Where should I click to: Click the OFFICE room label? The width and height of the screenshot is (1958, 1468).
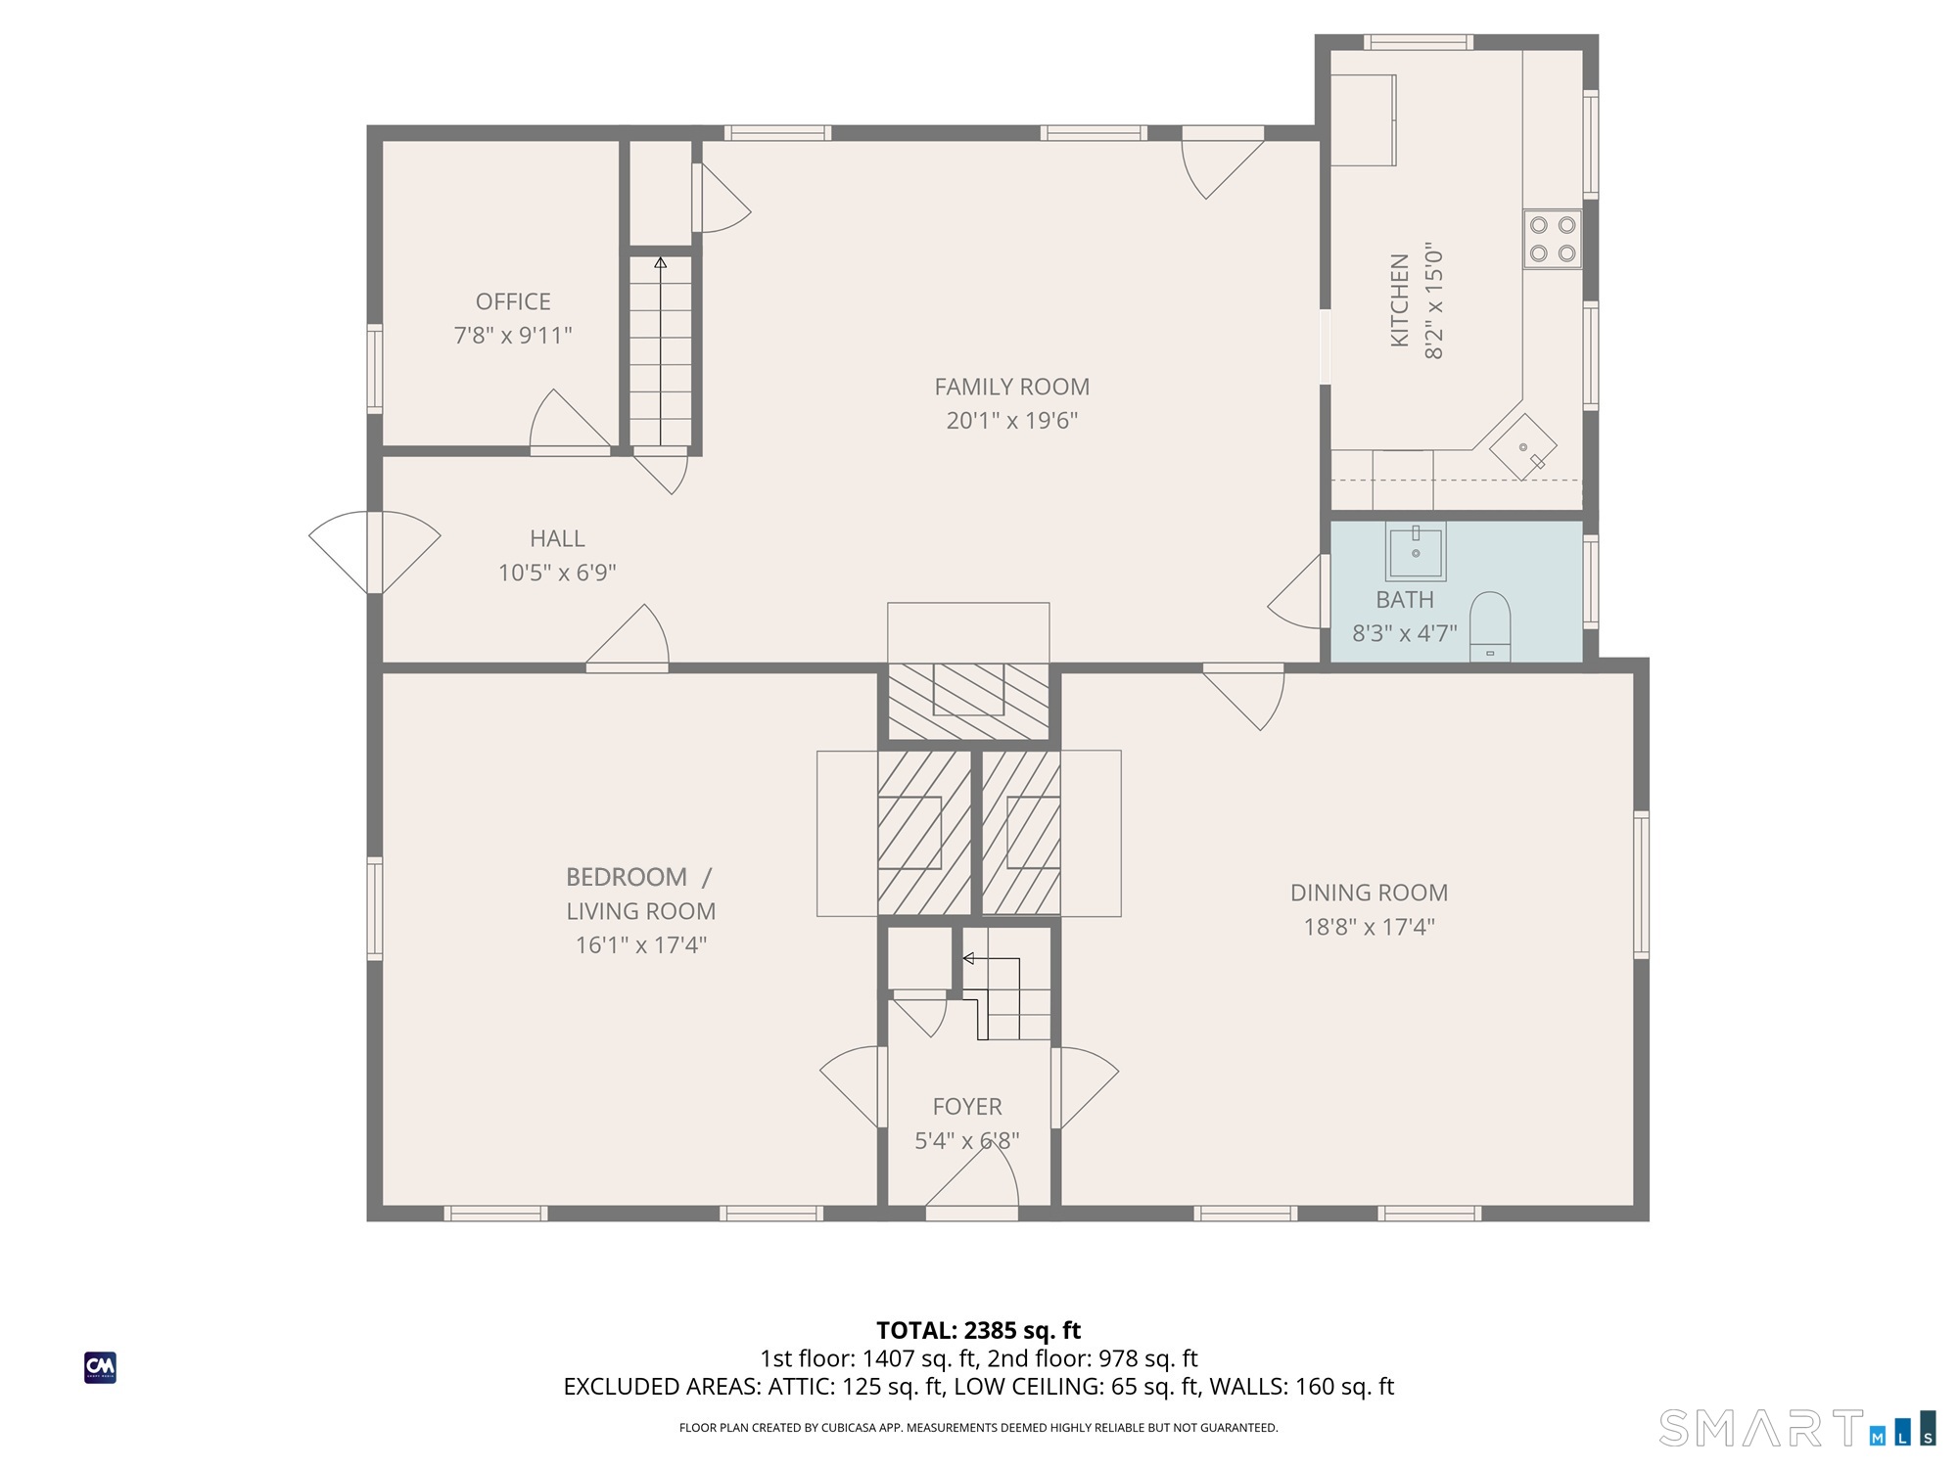click(x=513, y=301)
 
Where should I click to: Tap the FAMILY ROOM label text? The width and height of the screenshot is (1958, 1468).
click(x=1011, y=387)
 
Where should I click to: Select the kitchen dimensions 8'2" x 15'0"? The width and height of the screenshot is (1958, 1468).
click(x=1434, y=300)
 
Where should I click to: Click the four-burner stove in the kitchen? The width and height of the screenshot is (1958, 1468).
click(x=1553, y=239)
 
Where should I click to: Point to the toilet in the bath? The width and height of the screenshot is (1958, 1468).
click(x=1490, y=627)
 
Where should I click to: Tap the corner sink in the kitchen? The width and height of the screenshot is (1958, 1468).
click(x=1523, y=447)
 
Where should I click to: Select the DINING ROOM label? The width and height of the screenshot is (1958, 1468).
click(x=1369, y=893)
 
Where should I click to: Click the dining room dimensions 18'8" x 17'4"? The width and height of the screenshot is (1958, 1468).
click(x=1369, y=927)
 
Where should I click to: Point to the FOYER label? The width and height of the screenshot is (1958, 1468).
click(x=967, y=1107)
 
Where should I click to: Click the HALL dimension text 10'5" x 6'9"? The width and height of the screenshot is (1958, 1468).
click(x=557, y=573)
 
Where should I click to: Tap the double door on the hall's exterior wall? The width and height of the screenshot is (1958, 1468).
click(x=375, y=552)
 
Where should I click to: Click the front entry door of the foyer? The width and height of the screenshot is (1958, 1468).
click(x=972, y=1179)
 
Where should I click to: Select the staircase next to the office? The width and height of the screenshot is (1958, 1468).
click(x=661, y=351)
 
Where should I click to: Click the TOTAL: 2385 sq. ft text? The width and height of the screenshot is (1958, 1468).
click(x=978, y=1331)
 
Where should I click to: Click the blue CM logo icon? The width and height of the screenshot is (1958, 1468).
click(x=100, y=1367)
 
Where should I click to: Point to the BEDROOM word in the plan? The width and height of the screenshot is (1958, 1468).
click(x=627, y=877)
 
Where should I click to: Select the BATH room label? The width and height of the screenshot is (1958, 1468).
click(x=1405, y=600)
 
